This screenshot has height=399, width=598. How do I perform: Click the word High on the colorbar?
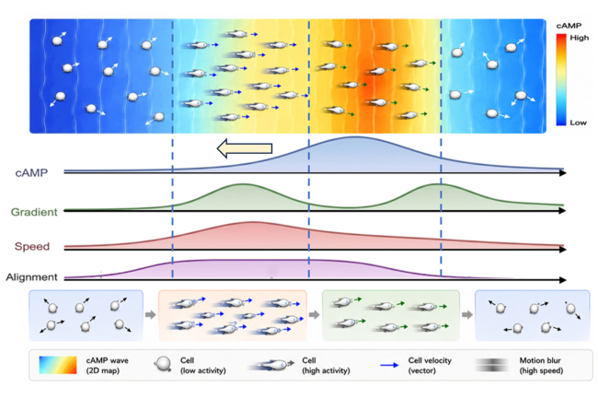click(580, 38)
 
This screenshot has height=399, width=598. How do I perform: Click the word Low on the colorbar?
click(578, 123)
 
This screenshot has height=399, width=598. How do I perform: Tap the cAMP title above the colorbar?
click(569, 26)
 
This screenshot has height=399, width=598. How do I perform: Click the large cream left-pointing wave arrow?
click(245, 148)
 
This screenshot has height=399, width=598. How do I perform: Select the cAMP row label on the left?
click(31, 173)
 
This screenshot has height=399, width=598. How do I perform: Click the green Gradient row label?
click(34, 212)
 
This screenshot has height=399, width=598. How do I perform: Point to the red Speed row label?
click(32, 246)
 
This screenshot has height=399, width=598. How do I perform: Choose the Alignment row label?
click(31, 276)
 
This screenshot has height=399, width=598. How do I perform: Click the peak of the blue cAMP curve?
click(355, 137)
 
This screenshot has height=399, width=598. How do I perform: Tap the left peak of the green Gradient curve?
click(242, 184)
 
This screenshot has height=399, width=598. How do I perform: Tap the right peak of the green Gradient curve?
click(437, 184)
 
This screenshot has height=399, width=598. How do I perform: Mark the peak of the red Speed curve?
click(252, 222)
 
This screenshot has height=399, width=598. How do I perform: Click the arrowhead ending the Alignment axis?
click(562, 280)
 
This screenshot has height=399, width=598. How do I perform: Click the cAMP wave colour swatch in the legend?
click(58, 365)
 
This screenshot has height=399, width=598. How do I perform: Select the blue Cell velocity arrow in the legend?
click(389, 365)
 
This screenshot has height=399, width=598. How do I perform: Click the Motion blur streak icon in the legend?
click(492, 365)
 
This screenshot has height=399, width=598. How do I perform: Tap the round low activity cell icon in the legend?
click(164, 364)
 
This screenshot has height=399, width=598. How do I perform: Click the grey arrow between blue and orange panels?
click(151, 314)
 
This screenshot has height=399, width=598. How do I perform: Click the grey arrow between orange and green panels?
click(315, 314)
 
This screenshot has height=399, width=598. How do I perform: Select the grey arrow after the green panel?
click(467, 314)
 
